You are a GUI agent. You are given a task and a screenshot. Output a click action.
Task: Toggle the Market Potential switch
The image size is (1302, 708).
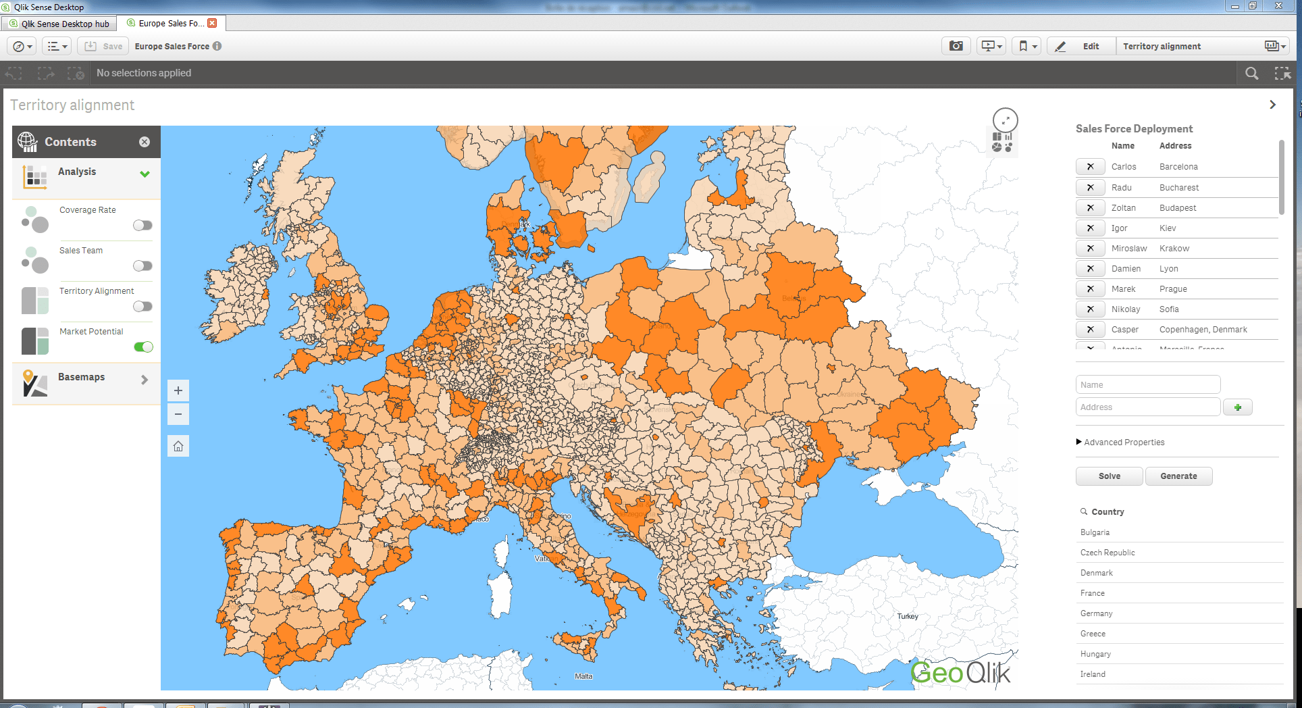[143, 347]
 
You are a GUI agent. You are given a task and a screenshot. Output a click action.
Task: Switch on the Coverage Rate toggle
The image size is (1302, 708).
[142, 225]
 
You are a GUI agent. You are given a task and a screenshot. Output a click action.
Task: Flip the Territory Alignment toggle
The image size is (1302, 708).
[142, 306]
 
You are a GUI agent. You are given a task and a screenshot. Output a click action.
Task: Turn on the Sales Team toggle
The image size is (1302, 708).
[142, 265]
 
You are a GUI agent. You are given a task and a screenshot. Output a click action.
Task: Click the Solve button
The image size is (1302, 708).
[1109, 476]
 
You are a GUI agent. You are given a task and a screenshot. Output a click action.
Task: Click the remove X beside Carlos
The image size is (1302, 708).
[1090, 167]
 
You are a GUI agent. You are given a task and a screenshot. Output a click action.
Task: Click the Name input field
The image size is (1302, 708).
[1147, 385]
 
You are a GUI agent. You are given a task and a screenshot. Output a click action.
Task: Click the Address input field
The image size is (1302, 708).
[1147, 407]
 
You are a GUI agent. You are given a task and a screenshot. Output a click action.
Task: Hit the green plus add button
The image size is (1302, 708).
[1237, 407]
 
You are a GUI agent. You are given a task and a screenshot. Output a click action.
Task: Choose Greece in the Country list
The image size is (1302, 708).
[1093, 634]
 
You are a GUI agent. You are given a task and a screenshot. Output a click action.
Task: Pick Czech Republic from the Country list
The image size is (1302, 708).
[1108, 553]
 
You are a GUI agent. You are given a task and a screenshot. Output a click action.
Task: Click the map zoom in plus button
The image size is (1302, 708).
[178, 390]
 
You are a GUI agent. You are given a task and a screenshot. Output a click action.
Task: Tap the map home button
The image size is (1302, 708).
[178, 446]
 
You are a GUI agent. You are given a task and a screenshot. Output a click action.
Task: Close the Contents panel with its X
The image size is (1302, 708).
[145, 142]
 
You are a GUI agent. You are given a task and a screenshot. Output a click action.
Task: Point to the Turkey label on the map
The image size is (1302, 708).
[908, 616]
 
